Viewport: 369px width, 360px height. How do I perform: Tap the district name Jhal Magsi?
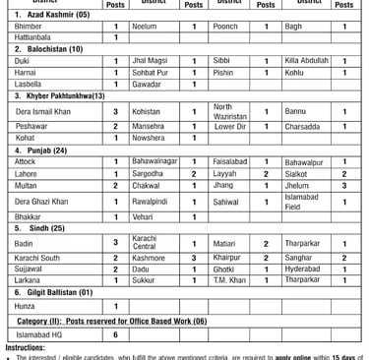[149, 60]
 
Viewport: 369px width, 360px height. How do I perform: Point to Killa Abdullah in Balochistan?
[306, 60]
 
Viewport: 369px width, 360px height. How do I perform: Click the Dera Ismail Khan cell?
[43, 112]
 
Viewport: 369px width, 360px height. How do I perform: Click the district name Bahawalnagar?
[155, 160]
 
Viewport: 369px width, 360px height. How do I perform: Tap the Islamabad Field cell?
[301, 202]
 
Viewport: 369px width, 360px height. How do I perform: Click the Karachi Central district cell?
[145, 242]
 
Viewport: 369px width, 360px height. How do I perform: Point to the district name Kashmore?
[148, 257]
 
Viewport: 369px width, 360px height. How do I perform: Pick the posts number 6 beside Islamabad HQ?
[115, 333]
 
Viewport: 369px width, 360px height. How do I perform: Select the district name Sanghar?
[299, 257]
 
